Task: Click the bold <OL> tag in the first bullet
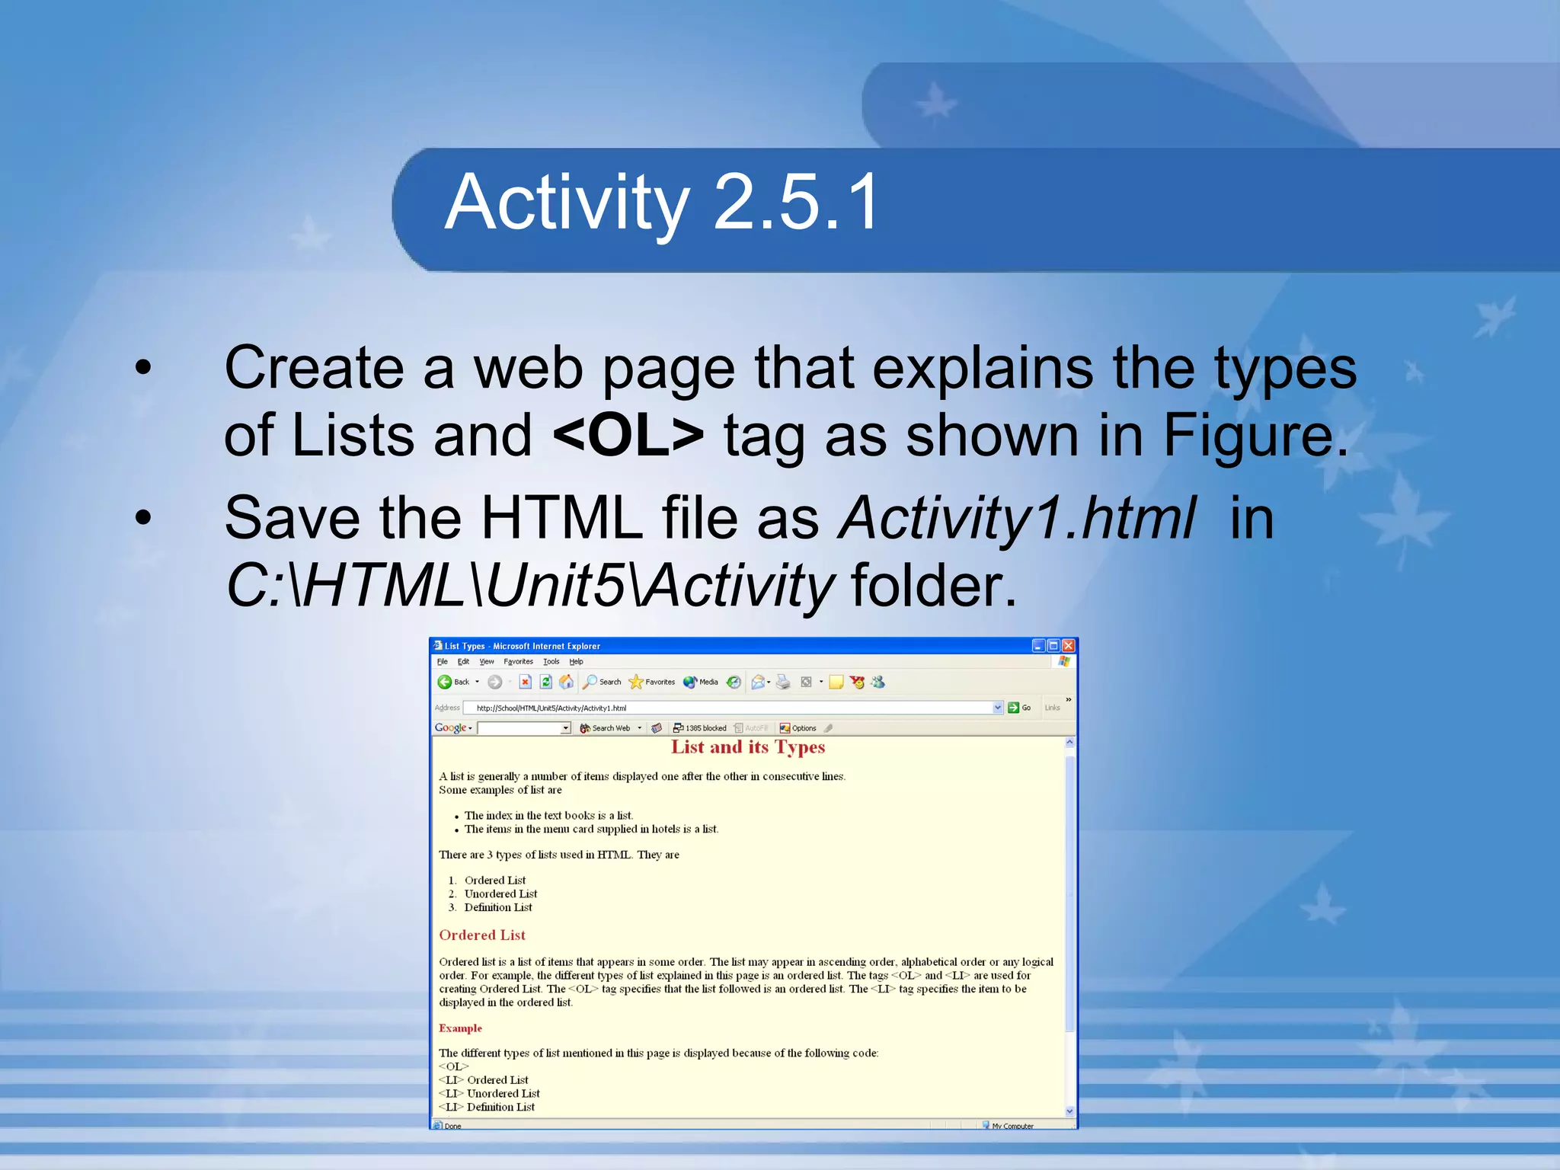628,435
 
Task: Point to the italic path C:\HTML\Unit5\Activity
529,586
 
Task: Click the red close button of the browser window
1068,646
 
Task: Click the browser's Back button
453,682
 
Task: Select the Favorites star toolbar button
652,682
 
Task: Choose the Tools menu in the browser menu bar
551,662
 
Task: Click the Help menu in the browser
576,662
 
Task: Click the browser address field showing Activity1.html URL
731,708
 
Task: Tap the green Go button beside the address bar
1019,708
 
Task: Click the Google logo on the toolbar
450,728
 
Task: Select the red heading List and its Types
748,747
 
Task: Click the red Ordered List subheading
482,935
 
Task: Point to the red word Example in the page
460,1028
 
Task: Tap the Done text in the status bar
452,1126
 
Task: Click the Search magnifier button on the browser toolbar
602,682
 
